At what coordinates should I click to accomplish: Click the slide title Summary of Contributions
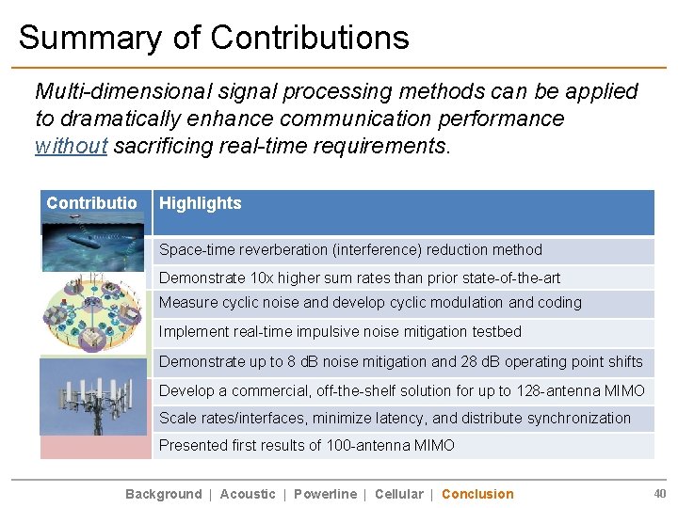(214, 38)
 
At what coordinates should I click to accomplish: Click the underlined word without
(71, 146)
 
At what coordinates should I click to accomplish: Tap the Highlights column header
(200, 203)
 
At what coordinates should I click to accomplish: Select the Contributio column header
(92, 203)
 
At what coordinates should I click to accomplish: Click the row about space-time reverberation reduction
(350, 250)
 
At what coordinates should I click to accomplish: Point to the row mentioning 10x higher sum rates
(359, 278)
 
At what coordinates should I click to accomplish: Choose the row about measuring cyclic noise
(370, 303)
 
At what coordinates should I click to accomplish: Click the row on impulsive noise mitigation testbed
(340, 332)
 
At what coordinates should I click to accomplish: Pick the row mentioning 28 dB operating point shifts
(400, 362)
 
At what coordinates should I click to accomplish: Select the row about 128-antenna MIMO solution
(401, 390)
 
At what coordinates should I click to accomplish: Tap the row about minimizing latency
(395, 418)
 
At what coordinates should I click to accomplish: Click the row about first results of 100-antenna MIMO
(306, 445)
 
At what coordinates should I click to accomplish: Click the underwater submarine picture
(92, 243)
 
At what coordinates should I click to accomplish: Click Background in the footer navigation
(163, 494)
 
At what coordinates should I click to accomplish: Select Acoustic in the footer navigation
(248, 494)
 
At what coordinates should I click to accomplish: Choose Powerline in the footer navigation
(325, 494)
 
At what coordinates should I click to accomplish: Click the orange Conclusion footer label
(477, 494)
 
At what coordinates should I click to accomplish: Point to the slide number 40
(659, 493)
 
